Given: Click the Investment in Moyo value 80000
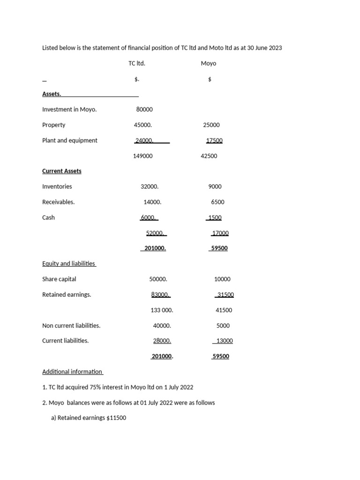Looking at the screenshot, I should [144, 109].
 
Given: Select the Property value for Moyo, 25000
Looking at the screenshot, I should [211, 125].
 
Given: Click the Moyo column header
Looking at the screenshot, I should [208, 63].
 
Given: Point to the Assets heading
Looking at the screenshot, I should [52, 94].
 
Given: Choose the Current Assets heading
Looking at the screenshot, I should [61, 171].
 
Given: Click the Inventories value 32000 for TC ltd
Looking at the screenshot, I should [150, 187].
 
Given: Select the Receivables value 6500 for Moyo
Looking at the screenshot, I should [217, 202].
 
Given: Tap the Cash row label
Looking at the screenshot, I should [48, 217].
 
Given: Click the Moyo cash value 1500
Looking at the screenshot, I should [215, 217].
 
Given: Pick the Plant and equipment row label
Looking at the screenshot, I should [69, 141].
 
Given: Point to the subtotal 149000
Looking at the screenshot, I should [142, 156].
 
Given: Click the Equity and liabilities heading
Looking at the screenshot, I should [68, 264].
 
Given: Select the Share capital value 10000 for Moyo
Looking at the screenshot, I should [222, 279].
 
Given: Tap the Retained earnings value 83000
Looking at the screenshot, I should [160, 295].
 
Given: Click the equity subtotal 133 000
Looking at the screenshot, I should [158, 310].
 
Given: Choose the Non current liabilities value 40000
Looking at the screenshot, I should [162, 326].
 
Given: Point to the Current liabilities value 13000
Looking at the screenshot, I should [224, 341].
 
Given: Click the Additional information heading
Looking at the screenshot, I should [72, 372].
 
